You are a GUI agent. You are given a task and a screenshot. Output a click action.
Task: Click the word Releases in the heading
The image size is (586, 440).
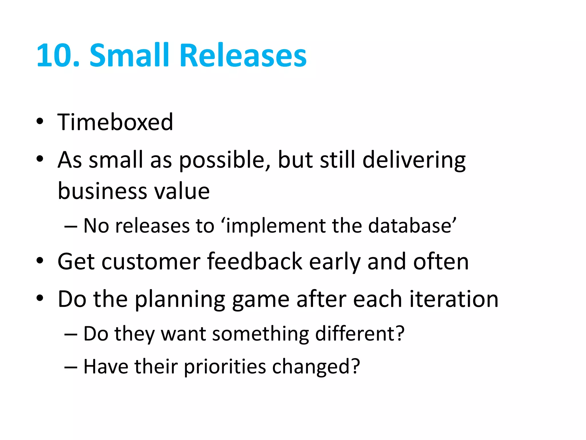coord(243,55)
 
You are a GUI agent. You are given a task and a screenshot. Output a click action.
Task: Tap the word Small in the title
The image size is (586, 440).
coord(130,55)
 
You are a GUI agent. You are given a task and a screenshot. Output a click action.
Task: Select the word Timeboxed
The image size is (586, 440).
coord(115,122)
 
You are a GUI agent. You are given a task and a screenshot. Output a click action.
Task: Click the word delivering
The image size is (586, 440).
coord(414,160)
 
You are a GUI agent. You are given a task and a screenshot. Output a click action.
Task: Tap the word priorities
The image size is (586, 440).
coord(225,367)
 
